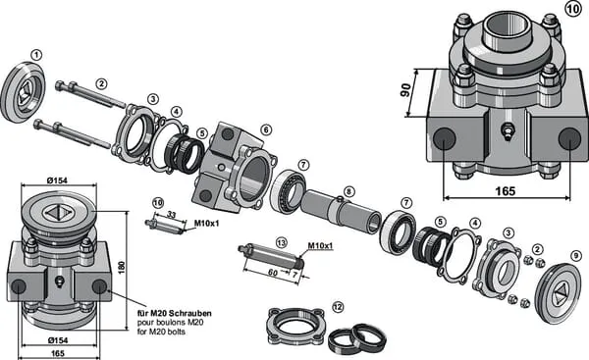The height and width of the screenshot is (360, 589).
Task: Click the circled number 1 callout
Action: [x=36, y=56]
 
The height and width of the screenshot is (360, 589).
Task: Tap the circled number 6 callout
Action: [x=266, y=129]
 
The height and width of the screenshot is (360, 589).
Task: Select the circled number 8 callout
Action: [x=348, y=192]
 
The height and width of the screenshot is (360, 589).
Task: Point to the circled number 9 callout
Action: [x=575, y=256]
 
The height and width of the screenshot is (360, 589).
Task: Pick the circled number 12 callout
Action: [x=338, y=307]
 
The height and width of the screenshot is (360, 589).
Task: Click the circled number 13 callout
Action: [x=281, y=242]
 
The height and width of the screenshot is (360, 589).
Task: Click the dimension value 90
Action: [x=406, y=90]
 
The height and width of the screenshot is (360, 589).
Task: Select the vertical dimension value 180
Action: [x=122, y=267]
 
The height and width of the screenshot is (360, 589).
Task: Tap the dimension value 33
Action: [x=171, y=215]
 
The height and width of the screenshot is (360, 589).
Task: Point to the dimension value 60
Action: [x=273, y=272]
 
